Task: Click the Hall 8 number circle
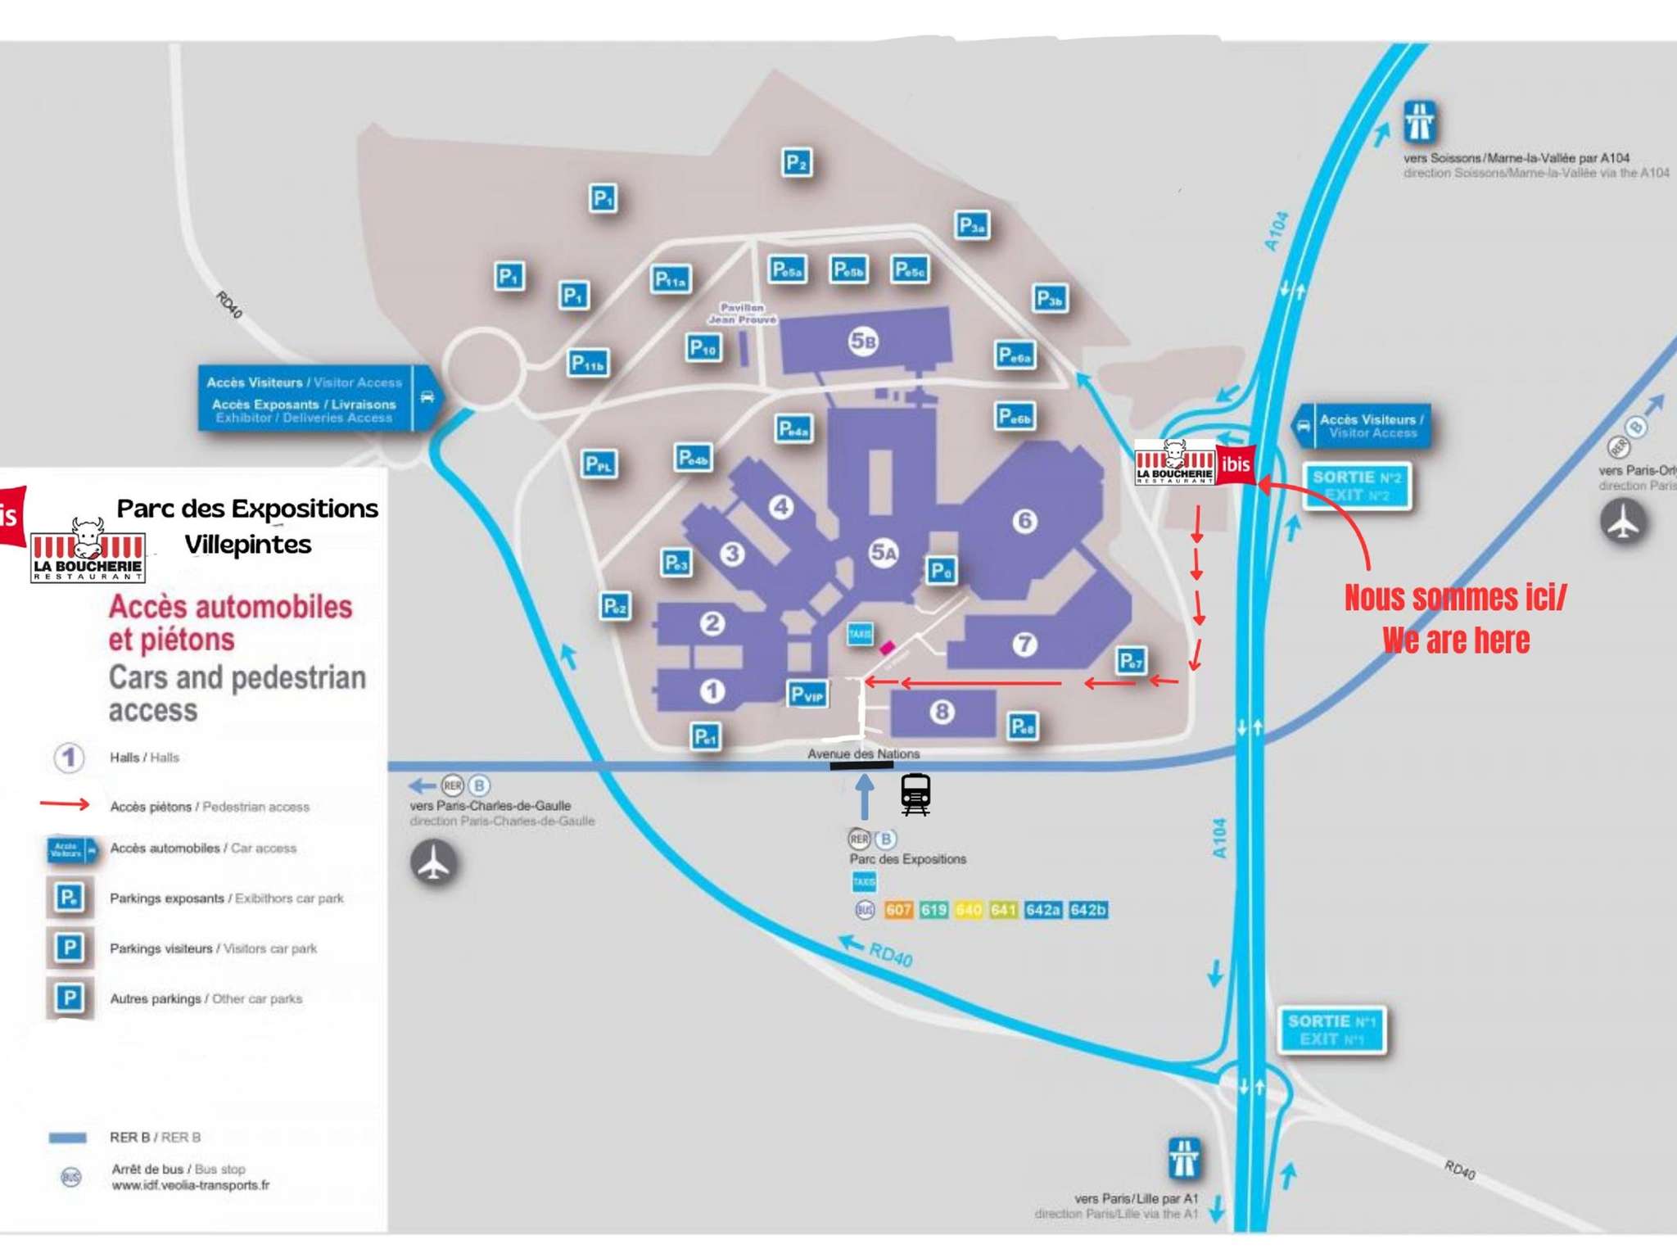[x=942, y=712]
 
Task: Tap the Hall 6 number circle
[x=1024, y=521]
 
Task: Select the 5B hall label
[x=863, y=341]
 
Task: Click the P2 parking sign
[x=796, y=162]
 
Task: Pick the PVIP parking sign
[x=807, y=695]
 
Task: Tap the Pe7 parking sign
[x=1131, y=660]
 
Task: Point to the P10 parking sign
[x=703, y=348]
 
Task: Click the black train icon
[x=915, y=794]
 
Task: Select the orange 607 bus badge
[x=898, y=910]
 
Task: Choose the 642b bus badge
[x=1088, y=910]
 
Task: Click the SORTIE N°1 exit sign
[x=1331, y=1029]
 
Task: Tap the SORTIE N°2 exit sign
[x=1357, y=486]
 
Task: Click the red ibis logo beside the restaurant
[x=1236, y=464]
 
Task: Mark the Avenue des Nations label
[x=863, y=753]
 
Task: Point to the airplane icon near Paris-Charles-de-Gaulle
[x=434, y=862]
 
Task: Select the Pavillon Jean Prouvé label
[x=742, y=314]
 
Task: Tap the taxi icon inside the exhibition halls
[x=860, y=633]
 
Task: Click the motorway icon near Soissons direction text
[x=1419, y=122]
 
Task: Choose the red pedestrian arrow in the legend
[x=65, y=804]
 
